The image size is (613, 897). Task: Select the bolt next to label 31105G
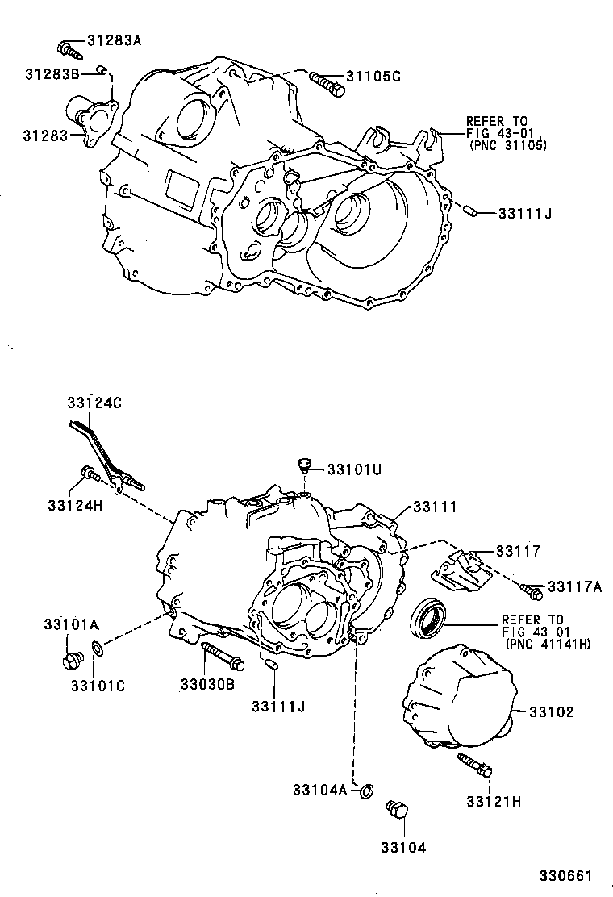326,82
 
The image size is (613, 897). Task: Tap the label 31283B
51,74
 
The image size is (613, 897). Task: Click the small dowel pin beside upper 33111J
473,213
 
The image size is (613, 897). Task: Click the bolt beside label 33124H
90,474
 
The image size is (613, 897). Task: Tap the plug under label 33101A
72,660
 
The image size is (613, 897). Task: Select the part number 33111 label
435,507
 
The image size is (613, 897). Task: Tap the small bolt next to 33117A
531,591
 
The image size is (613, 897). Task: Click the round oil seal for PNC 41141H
429,617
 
